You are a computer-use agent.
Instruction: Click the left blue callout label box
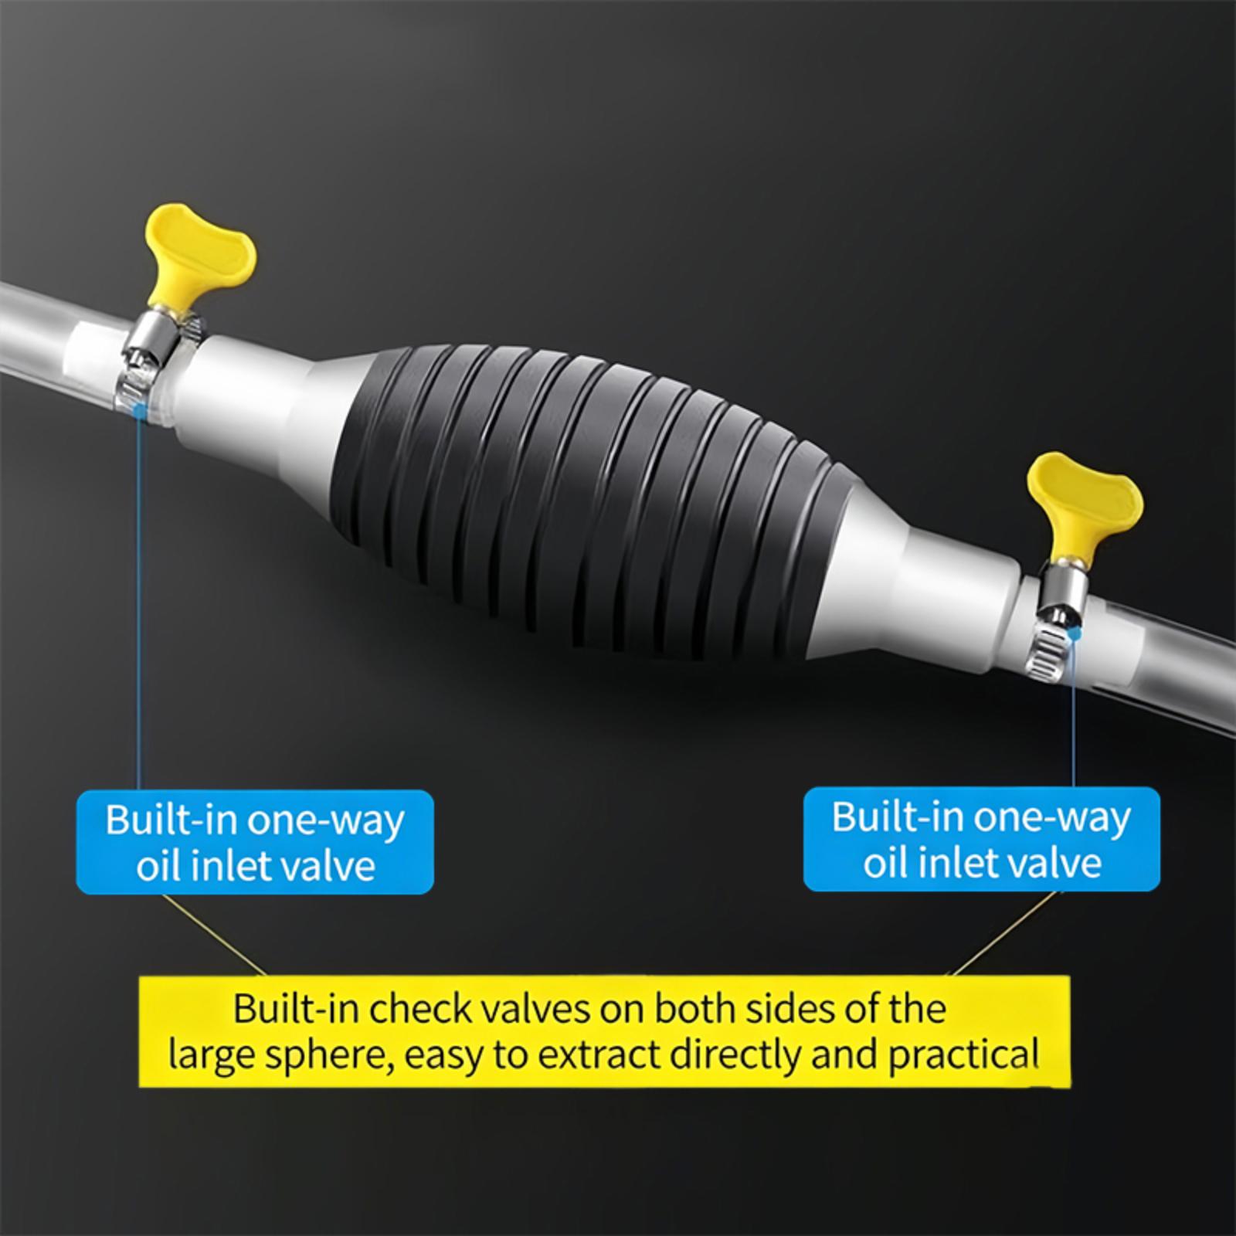click(x=255, y=842)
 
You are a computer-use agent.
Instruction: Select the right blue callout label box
click(x=982, y=839)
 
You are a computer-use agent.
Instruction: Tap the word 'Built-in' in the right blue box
click(x=895, y=817)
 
